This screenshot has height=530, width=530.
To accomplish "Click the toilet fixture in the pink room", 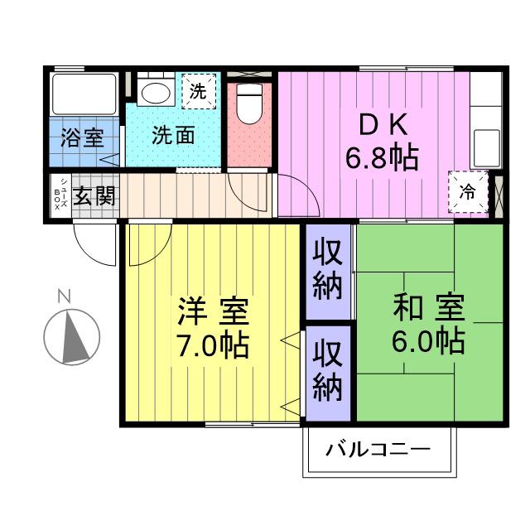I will (x=248, y=104).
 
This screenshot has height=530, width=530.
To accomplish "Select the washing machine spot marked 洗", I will (x=198, y=91).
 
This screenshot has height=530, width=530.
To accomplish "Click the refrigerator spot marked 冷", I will (x=468, y=192).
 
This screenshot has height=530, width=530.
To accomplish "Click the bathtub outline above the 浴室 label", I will (x=84, y=94).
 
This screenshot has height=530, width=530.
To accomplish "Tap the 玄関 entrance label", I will (x=95, y=196).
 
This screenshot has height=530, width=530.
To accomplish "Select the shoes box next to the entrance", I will (x=60, y=196).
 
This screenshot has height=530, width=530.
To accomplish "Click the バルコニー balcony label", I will (x=378, y=451).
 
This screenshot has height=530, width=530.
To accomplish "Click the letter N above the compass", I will (x=64, y=295).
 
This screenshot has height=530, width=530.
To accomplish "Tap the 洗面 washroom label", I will (x=173, y=136).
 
